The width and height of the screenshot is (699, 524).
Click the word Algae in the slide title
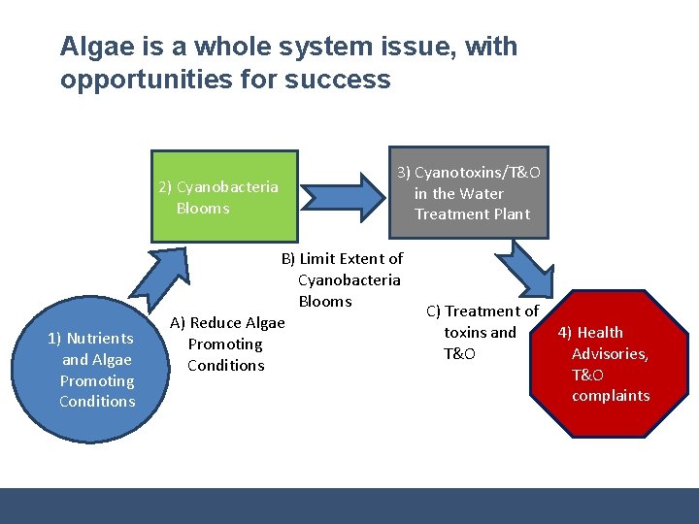(x=95, y=47)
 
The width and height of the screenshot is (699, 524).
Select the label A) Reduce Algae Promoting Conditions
(x=227, y=344)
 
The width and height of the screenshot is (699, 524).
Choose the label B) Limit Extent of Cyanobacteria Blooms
(x=342, y=279)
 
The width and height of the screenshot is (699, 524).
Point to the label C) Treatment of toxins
(x=483, y=332)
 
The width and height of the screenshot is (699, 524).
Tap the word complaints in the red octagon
(x=611, y=395)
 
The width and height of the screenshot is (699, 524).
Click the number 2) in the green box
(x=166, y=186)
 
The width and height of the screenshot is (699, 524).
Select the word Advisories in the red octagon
(x=610, y=353)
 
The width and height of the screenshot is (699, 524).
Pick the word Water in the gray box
(x=482, y=193)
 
